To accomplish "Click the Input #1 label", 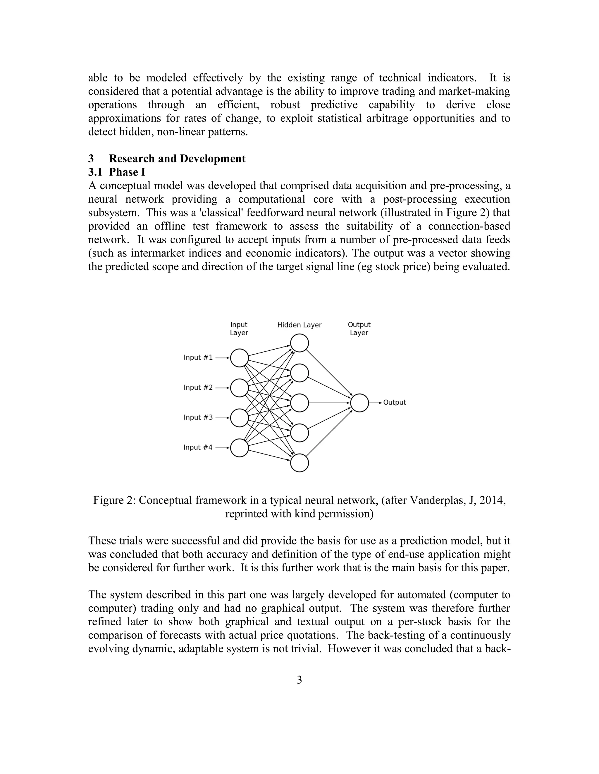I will pos(198,358).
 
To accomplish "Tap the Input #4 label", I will pos(198,447).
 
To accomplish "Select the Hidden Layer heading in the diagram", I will pos(299,325).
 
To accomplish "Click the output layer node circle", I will pos(359,403).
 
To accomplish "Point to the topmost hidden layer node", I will pos(299,343).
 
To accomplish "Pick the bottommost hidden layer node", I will pos(299,463).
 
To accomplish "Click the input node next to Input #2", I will pos(240,388).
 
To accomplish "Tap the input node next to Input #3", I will pos(240,418).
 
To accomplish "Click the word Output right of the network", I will pos(395,402).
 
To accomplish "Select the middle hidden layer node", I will pos(299,403).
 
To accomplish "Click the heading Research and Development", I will pos(177,158).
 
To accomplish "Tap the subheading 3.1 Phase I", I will pos(117,172).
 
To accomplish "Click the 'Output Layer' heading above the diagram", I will pos(359,329).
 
